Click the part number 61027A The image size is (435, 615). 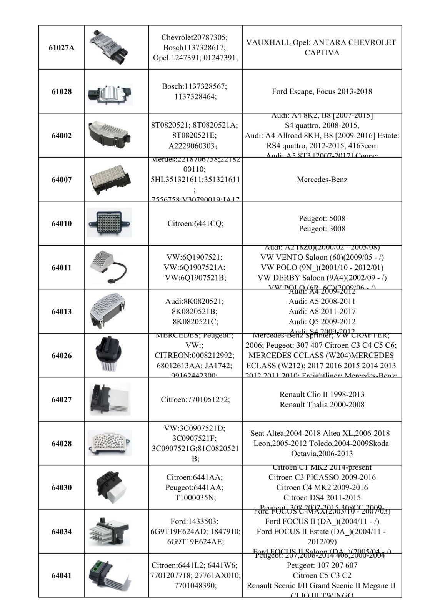[x=62, y=48]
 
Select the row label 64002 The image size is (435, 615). [x=62, y=136]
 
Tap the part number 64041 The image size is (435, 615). [x=62, y=575]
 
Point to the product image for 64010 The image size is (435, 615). [x=110, y=223]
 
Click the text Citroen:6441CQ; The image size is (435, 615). [x=195, y=223]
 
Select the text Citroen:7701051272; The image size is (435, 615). [x=195, y=399]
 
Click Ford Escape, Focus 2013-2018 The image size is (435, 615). [x=322, y=91]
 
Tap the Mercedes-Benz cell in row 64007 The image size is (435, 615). [x=322, y=180]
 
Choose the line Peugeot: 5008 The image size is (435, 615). [x=322, y=218]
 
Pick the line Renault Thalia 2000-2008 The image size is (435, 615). [x=322, y=404]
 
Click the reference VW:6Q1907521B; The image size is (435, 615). [x=195, y=278]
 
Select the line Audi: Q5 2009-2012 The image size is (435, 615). [x=322, y=321]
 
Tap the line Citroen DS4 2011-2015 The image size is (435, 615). [x=322, y=497]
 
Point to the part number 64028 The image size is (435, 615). [x=62, y=444]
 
